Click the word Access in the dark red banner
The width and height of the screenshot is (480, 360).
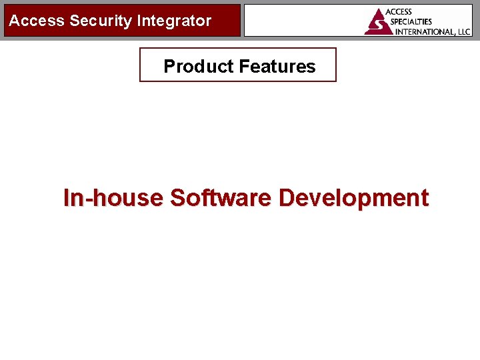pos(37,21)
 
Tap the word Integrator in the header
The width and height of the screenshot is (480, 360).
pos(174,21)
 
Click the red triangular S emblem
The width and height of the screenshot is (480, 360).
pos(377,22)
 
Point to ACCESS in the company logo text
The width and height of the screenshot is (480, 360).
pos(399,12)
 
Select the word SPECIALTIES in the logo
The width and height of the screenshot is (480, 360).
pos(411,21)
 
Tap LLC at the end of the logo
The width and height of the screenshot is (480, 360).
pos(463,31)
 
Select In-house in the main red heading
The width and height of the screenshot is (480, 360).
pos(113,198)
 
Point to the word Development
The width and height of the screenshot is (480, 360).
pos(353,198)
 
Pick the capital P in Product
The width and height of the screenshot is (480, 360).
pos(169,67)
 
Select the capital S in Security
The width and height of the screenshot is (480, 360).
pos(75,21)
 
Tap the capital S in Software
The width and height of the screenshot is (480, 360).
pos(177,198)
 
